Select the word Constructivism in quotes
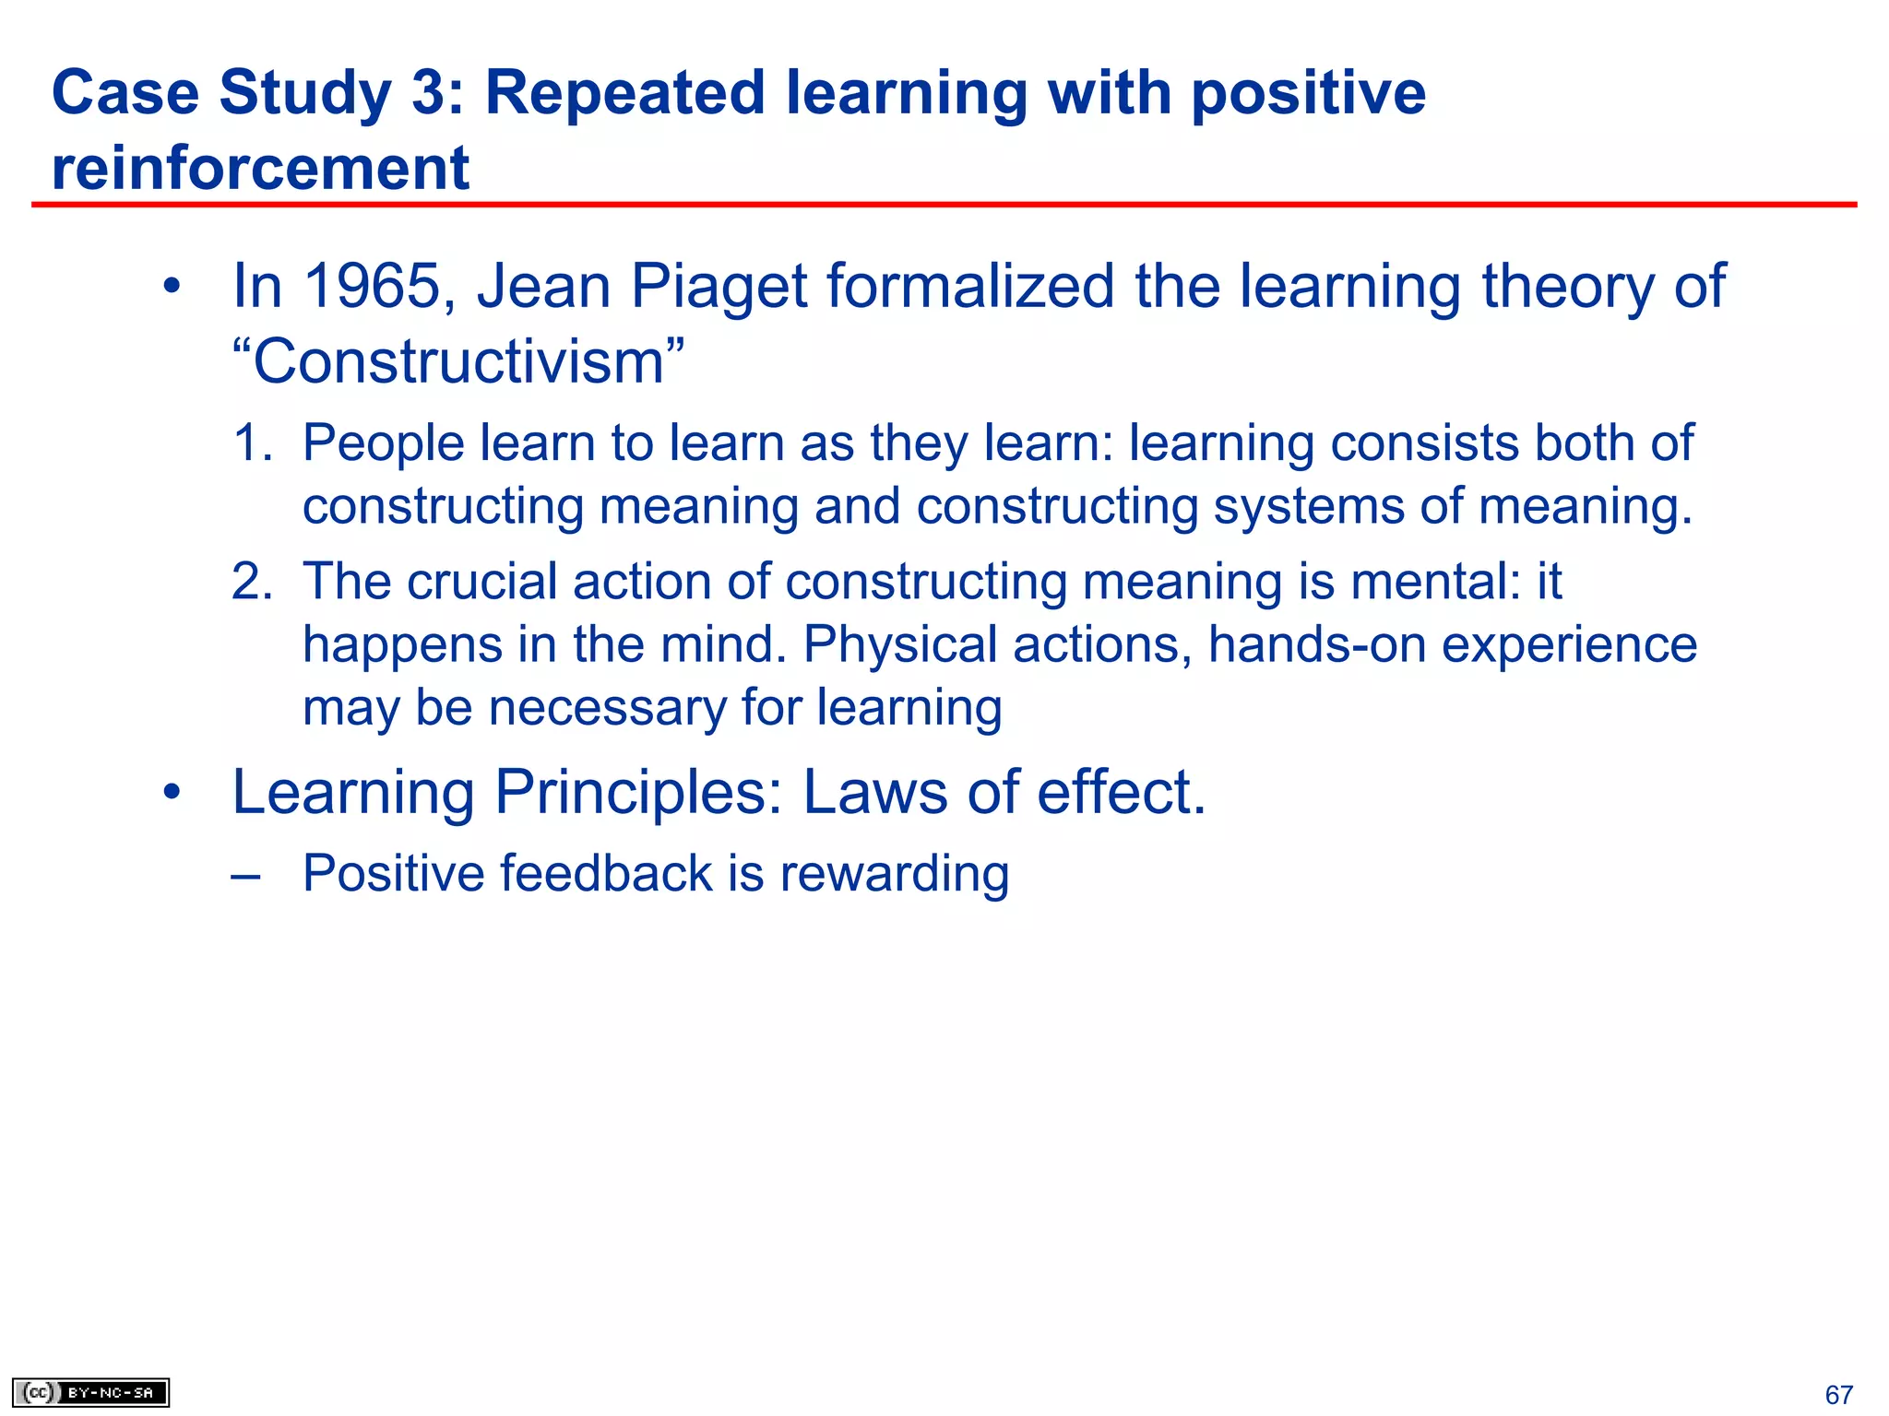pos(458,361)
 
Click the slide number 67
pos(1838,1395)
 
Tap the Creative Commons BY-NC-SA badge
pos(90,1392)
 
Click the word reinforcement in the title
pos(260,169)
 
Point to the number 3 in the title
pos(429,93)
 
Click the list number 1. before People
pos(252,443)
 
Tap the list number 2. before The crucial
pos(252,582)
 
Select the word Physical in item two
pos(899,644)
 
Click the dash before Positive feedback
pos(245,874)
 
